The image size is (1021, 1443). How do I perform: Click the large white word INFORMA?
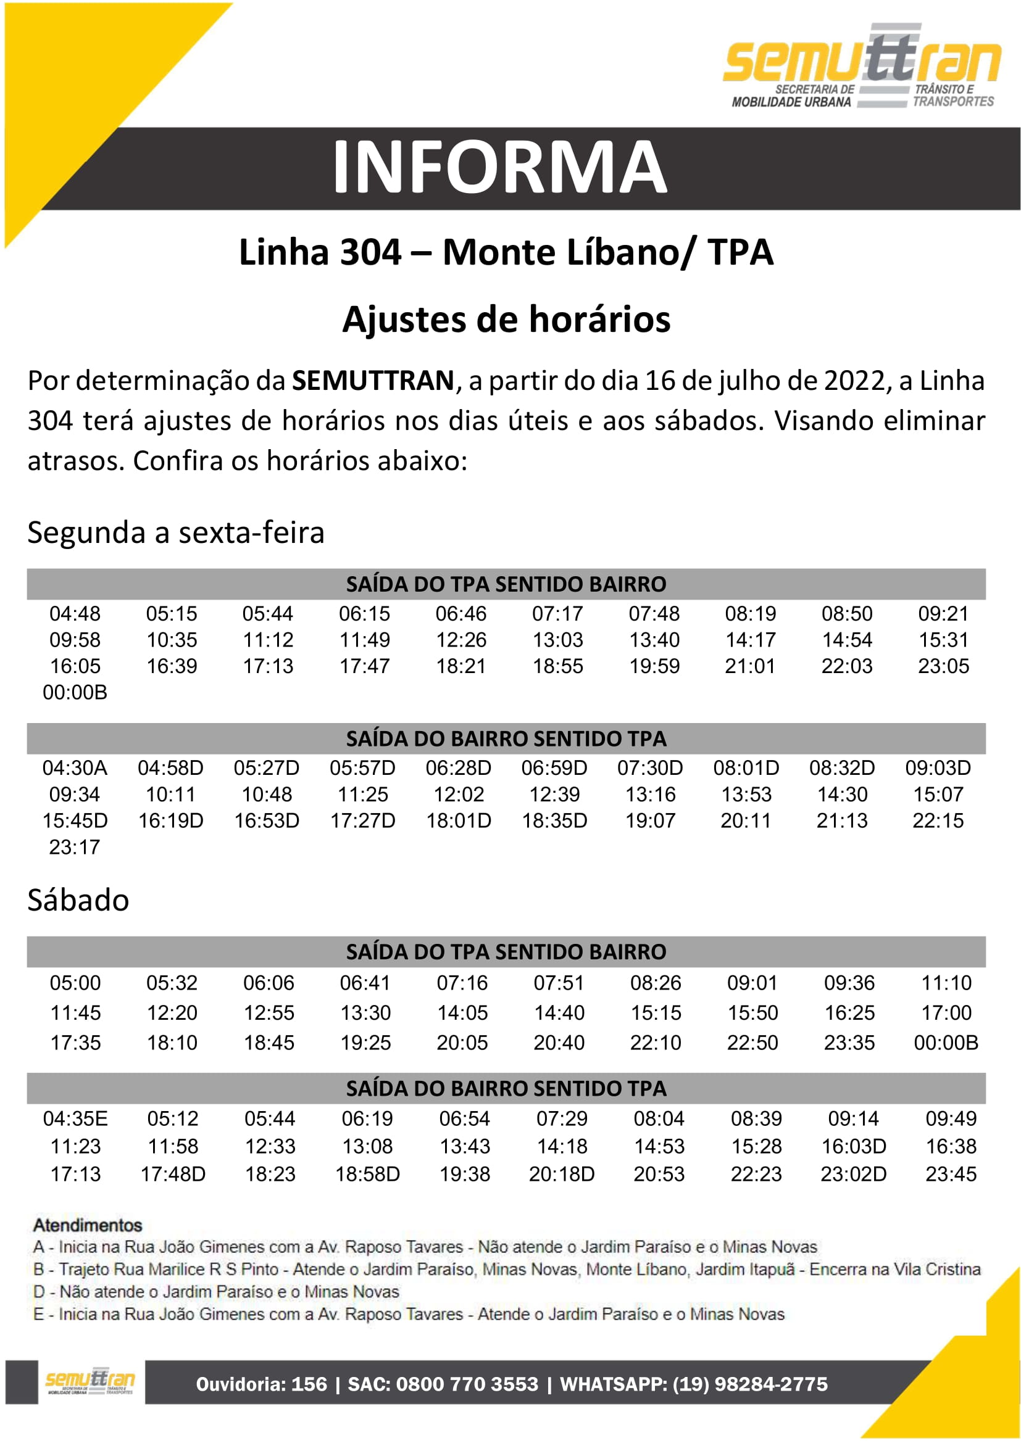(x=499, y=167)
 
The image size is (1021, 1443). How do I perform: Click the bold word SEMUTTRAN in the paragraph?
(x=373, y=381)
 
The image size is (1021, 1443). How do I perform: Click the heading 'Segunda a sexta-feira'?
(x=176, y=532)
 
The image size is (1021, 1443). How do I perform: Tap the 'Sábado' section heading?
(x=78, y=900)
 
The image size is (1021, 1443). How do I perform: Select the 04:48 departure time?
(x=75, y=613)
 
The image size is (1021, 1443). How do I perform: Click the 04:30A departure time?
(x=75, y=767)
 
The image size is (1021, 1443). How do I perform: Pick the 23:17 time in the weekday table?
(x=74, y=846)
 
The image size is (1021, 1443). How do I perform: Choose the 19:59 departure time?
(x=654, y=666)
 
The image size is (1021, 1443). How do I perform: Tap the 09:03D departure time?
(x=938, y=767)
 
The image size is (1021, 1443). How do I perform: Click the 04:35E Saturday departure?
(x=75, y=1118)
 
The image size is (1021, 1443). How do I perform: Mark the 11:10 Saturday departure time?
(x=946, y=982)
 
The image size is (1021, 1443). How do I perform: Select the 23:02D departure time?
(x=853, y=1173)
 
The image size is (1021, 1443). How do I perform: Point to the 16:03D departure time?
(x=853, y=1146)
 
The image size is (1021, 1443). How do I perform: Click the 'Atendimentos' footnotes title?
(x=88, y=1225)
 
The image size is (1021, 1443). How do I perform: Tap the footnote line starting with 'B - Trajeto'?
(x=507, y=1269)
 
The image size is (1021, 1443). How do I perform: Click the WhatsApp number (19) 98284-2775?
(x=750, y=1384)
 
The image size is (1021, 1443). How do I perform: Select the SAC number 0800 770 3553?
(x=467, y=1384)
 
